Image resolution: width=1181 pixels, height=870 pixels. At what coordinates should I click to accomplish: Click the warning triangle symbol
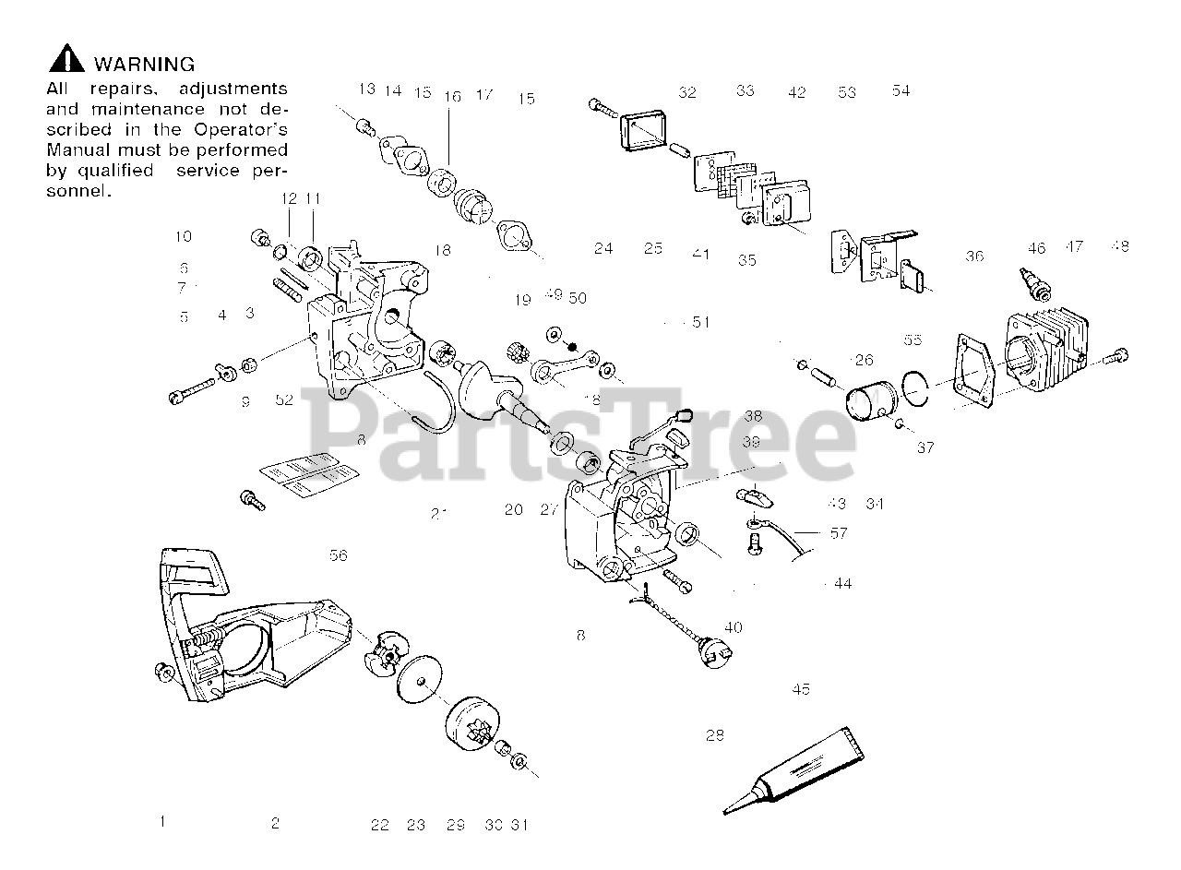pyautogui.click(x=66, y=62)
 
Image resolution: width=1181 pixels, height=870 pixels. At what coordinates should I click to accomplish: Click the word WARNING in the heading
pyautogui.click(x=145, y=65)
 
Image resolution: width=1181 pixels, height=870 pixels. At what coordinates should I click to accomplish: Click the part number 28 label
pyautogui.click(x=715, y=735)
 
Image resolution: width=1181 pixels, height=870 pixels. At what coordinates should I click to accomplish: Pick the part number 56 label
pyautogui.click(x=339, y=555)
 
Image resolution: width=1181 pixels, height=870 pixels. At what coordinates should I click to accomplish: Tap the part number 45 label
pyautogui.click(x=801, y=689)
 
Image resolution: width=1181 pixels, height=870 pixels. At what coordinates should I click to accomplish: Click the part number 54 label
pyautogui.click(x=901, y=90)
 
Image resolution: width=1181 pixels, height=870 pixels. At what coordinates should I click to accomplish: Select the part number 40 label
pyautogui.click(x=733, y=627)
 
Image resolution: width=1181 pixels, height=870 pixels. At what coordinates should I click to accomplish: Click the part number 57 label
pyautogui.click(x=838, y=533)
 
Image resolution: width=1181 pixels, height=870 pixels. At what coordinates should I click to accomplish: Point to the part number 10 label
pyautogui.click(x=183, y=236)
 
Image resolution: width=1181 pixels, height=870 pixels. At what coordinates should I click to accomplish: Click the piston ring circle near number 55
pyautogui.click(x=914, y=388)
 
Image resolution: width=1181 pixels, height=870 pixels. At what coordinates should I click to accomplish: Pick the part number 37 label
pyautogui.click(x=925, y=447)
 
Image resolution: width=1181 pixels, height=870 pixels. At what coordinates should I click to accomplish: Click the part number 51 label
pyautogui.click(x=701, y=322)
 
